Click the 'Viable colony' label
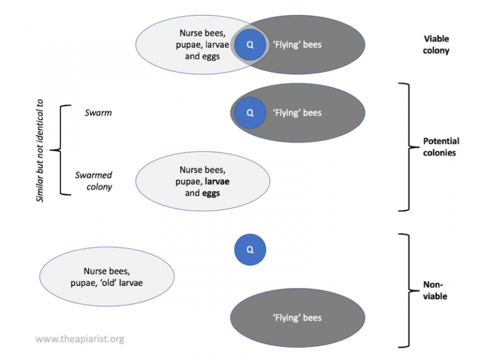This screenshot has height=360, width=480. coord(436,45)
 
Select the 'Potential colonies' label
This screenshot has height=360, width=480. coord(441,147)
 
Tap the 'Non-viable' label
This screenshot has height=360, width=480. coord(434,291)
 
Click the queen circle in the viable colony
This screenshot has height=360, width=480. coord(250,45)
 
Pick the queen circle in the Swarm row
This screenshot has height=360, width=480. coord(250,113)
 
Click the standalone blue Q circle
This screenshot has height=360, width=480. coord(250,250)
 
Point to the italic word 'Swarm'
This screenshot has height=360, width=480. coord(98,113)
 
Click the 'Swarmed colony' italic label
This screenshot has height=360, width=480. coord(94,181)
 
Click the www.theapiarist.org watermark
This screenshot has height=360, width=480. coord(79,339)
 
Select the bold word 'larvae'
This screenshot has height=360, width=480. coord(216,181)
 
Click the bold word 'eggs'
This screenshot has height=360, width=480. coord(211,193)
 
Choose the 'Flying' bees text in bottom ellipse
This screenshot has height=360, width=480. coord(297,317)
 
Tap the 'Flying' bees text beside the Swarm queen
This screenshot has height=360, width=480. coord(297,113)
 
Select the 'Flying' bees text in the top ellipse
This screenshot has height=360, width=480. coord(297,45)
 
